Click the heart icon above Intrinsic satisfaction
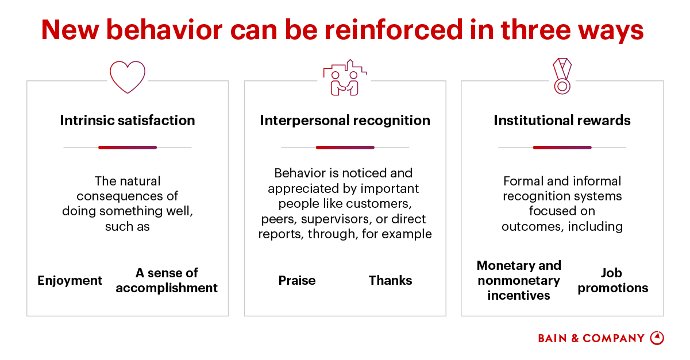click(128, 77)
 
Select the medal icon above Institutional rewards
click(562, 76)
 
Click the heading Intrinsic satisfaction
click(128, 121)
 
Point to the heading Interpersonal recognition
click(345, 121)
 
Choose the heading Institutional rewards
click(562, 121)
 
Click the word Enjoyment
click(70, 281)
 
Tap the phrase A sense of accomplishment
click(167, 281)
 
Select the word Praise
click(297, 281)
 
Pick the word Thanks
click(390, 281)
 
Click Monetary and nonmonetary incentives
click(519, 281)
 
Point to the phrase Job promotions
click(612, 281)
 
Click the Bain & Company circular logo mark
click(657, 338)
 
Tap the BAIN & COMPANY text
click(591, 339)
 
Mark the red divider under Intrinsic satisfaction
click(128, 148)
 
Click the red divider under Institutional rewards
click(562, 148)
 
